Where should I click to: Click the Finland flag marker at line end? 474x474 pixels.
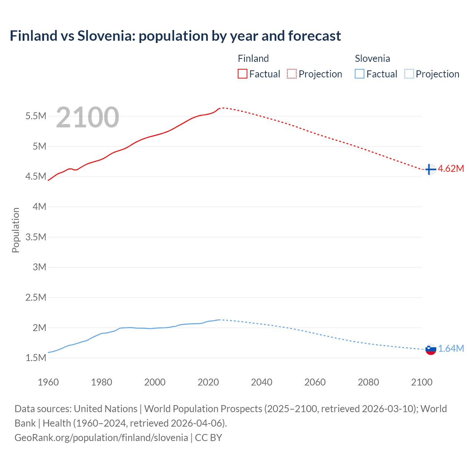click(430, 169)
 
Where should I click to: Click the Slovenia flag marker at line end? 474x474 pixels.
click(431, 349)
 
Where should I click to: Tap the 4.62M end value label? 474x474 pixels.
click(451, 169)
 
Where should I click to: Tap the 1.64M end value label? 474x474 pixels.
click(451, 348)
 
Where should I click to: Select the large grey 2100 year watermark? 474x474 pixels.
click(87, 117)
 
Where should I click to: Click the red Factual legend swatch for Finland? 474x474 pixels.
click(242, 74)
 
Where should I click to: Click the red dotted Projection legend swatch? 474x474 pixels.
click(292, 74)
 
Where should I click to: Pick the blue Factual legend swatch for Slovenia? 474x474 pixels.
click(359, 74)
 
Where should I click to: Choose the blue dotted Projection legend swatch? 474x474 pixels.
click(409, 74)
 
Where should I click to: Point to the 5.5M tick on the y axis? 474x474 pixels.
click(36, 116)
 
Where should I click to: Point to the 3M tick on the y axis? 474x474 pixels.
click(39, 267)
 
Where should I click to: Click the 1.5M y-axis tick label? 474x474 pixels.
click(36, 358)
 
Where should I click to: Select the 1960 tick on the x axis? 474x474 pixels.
click(48, 382)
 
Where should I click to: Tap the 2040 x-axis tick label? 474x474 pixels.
click(261, 382)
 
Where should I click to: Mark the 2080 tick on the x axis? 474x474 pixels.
click(368, 382)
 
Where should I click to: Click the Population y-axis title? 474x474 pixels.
click(16, 230)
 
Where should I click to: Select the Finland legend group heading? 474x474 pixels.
click(253, 59)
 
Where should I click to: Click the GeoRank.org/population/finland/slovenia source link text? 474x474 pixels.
click(101, 437)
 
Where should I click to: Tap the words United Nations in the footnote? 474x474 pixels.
click(106, 408)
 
